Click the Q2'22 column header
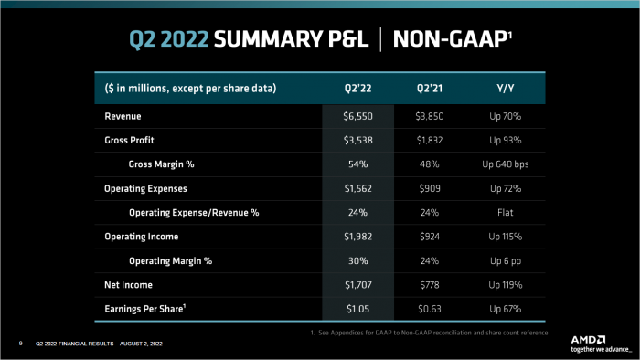coord(357,89)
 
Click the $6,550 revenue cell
coord(357,118)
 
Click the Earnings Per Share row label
coord(150,308)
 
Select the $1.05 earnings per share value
coord(357,308)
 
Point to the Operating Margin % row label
coord(170,260)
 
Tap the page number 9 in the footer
coord(20,344)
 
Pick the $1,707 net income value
coord(357,284)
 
